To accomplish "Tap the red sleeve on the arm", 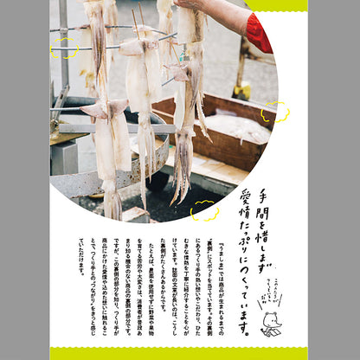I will [257, 33].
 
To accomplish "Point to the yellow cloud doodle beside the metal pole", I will [63, 48].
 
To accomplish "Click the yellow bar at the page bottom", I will [179, 353].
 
